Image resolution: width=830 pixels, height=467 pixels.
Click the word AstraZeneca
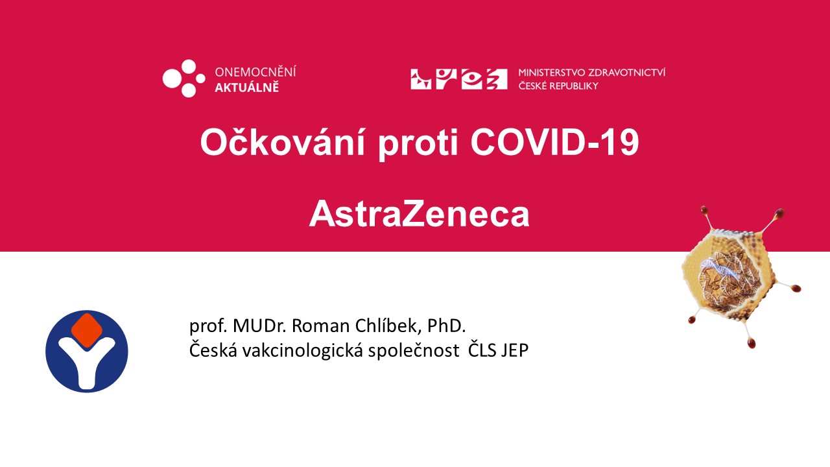(419, 214)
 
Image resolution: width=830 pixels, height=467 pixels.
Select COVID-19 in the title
(554, 143)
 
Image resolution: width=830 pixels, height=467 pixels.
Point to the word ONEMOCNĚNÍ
(255, 71)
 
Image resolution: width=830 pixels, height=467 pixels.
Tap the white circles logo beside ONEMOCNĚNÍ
(184, 78)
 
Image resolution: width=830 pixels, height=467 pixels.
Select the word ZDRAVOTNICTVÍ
(627, 72)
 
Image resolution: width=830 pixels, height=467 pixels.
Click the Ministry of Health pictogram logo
(458, 79)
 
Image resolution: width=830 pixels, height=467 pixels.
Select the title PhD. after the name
(447, 326)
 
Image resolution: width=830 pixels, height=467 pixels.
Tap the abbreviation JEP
(514, 350)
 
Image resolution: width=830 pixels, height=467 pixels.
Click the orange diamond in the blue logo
(87, 331)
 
